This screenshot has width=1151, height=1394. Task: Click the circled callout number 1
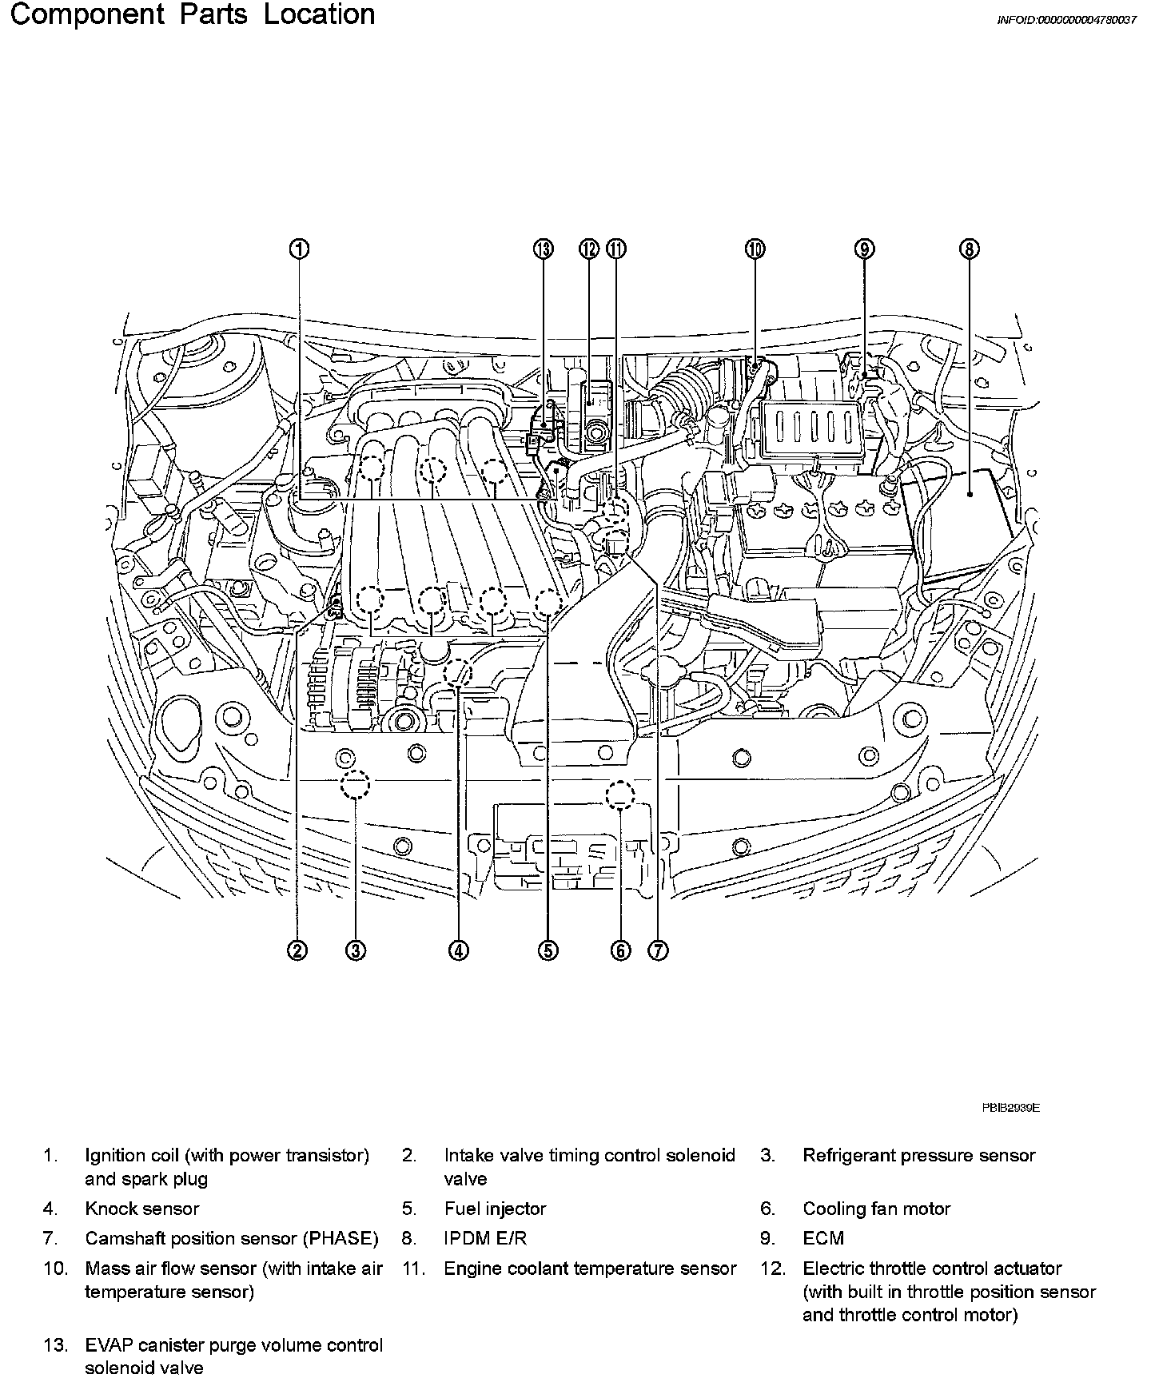click(x=297, y=249)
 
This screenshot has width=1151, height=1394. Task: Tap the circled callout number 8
click(x=968, y=249)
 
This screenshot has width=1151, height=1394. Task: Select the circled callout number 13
click(x=544, y=249)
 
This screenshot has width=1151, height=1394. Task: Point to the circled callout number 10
click(x=755, y=249)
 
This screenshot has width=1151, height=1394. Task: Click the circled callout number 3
click(x=356, y=950)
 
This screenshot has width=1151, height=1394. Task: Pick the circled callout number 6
click(x=620, y=950)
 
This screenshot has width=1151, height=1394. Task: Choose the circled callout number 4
click(x=458, y=950)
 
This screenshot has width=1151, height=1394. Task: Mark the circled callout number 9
click(x=865, y=249)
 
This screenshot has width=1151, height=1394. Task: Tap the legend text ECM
click(x=823, y=1238)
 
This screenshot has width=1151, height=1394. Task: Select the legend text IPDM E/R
click(x=485, y=1238)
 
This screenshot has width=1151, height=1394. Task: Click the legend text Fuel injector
click(x=495, y=1209)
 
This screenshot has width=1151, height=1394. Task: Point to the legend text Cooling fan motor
click(x=877, y=1209)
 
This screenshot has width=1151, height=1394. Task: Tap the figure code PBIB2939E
click(x=1011, y=1108)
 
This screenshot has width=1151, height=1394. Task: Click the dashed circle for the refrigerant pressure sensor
click(x=355, y=784)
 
